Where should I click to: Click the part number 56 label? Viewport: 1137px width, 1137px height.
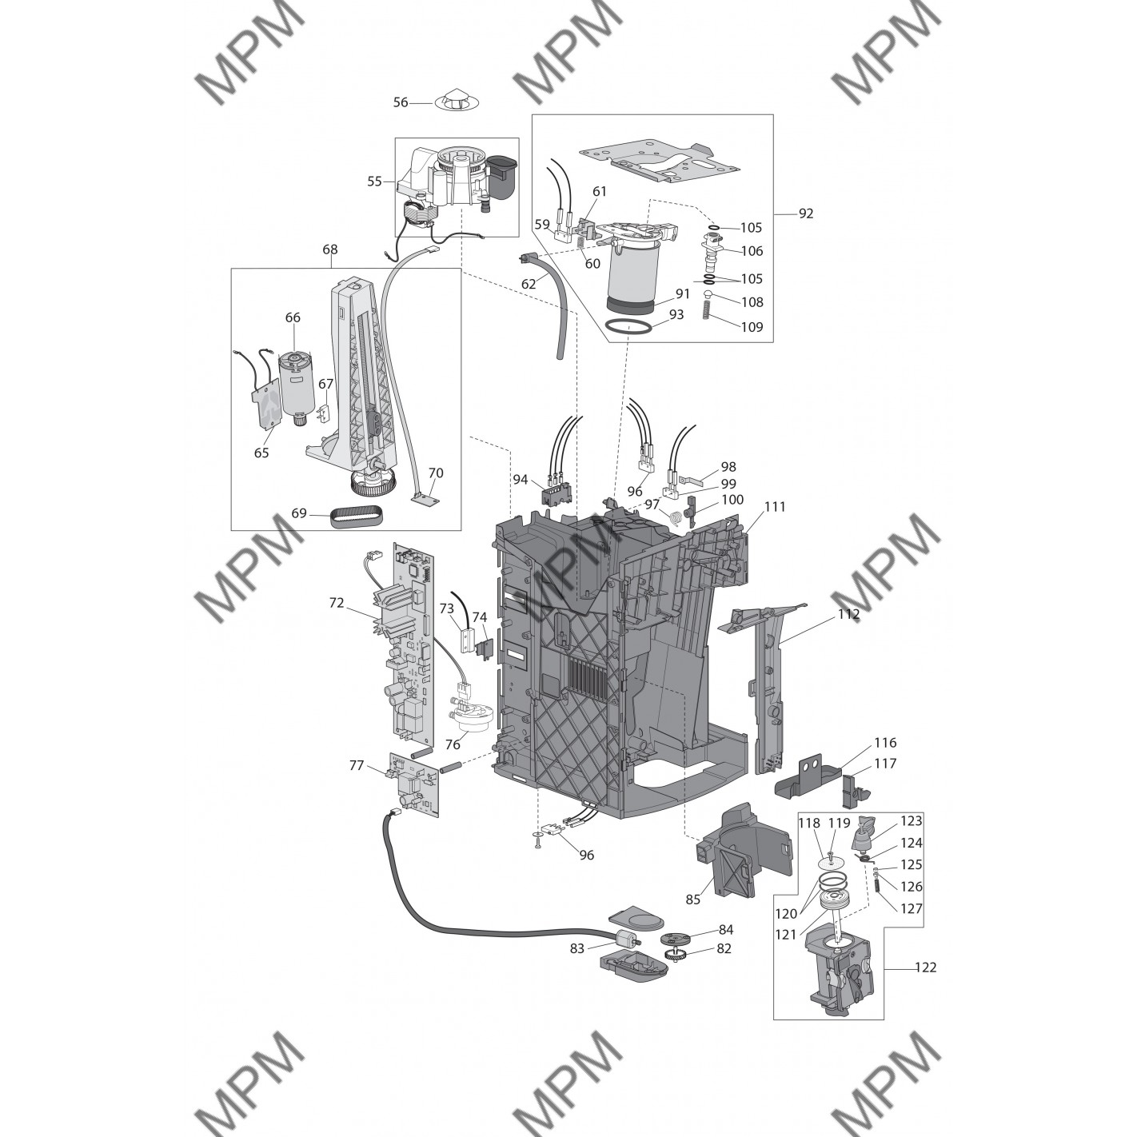coord(401,102)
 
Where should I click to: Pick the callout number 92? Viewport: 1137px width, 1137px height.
coord(806,213)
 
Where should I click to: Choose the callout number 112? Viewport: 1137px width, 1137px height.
coord(848,614)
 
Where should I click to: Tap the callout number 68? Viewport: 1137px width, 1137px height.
coord(330,249)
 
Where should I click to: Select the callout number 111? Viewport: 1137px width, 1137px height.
coord(776,506)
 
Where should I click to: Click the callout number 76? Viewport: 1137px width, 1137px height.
coord(453,744)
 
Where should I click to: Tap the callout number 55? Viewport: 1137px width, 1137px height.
coord(375,181)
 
